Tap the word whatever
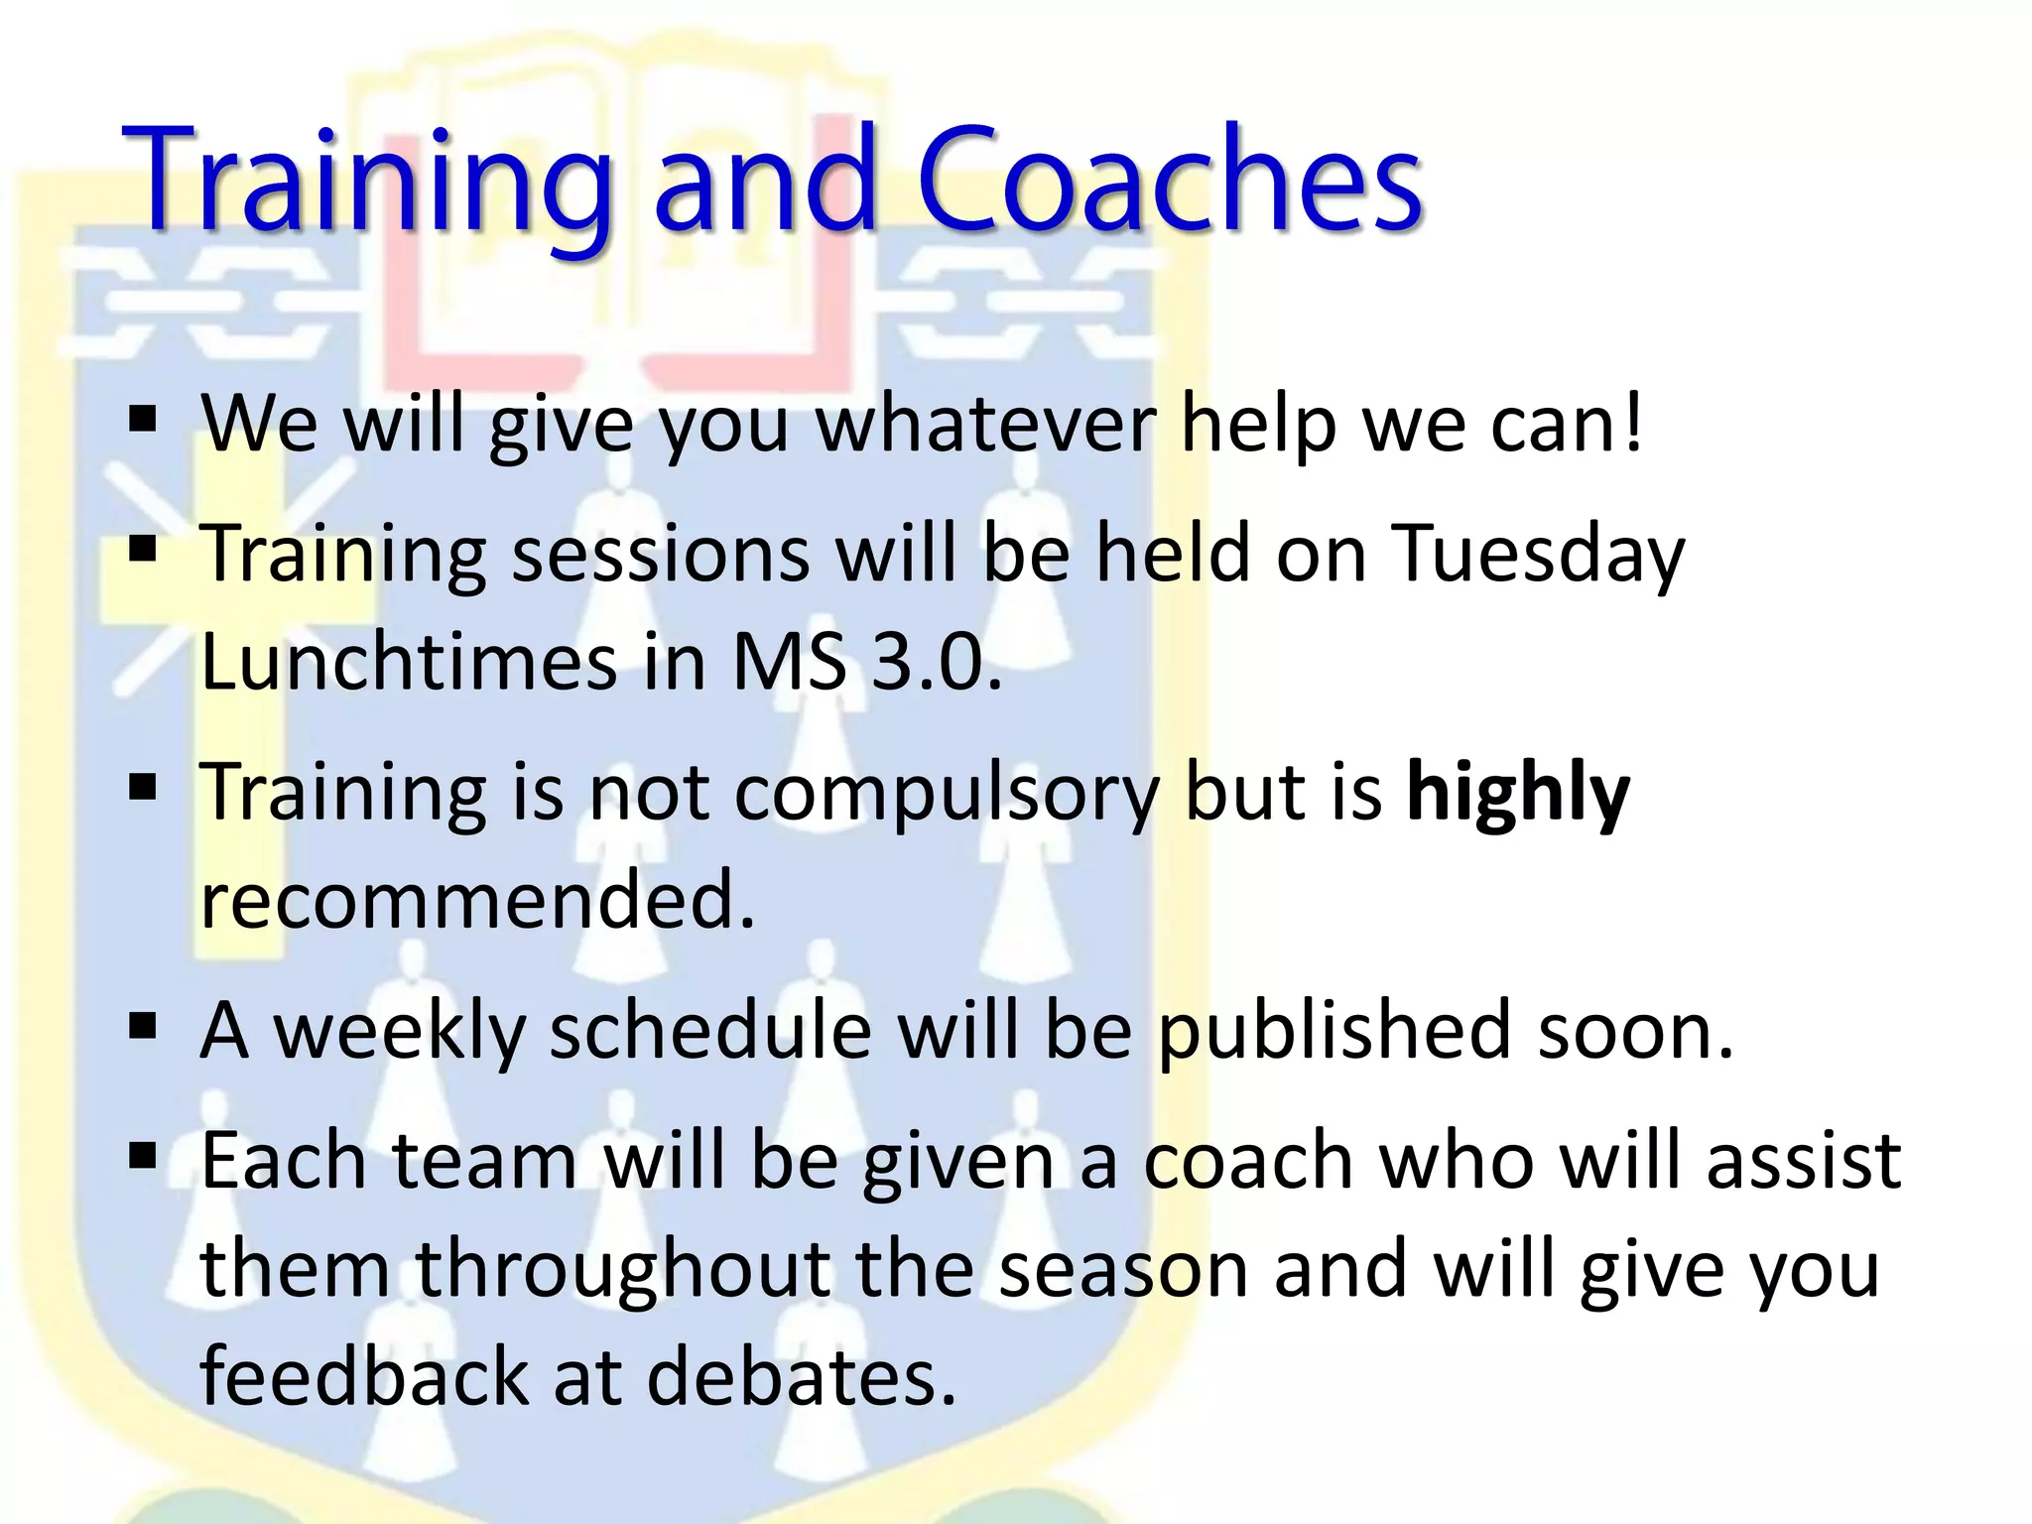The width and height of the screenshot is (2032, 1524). point(986,425)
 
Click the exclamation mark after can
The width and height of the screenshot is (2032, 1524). point(1631,425)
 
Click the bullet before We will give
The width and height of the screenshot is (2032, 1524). point(143,421)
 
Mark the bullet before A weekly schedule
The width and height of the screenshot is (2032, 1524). point(143,1028)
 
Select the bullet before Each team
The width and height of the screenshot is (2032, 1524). point(143,1157)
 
